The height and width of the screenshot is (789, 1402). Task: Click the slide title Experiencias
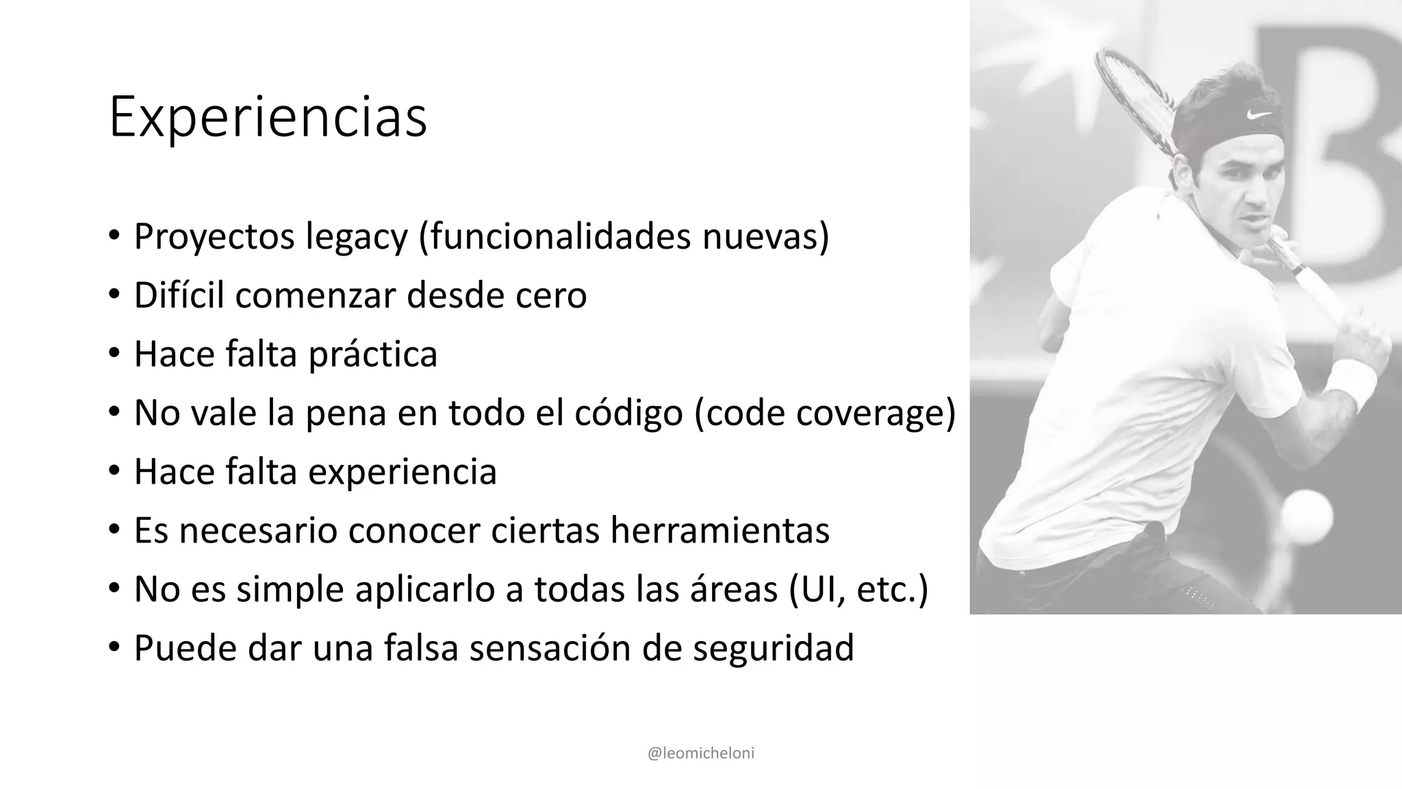click(x=268, y=118)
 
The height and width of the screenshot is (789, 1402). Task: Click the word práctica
click(x=372, y=355)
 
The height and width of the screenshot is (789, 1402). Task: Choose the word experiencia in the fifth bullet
click(x=403, y=472)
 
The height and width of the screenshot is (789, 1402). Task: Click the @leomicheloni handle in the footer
click(x=700, y=753)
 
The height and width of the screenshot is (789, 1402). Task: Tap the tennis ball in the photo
click(x=1305, y=515)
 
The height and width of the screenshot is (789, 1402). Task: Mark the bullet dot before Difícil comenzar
click(x=114, y=295)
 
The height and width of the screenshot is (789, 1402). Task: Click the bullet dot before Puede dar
click(x=114, y=647)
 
